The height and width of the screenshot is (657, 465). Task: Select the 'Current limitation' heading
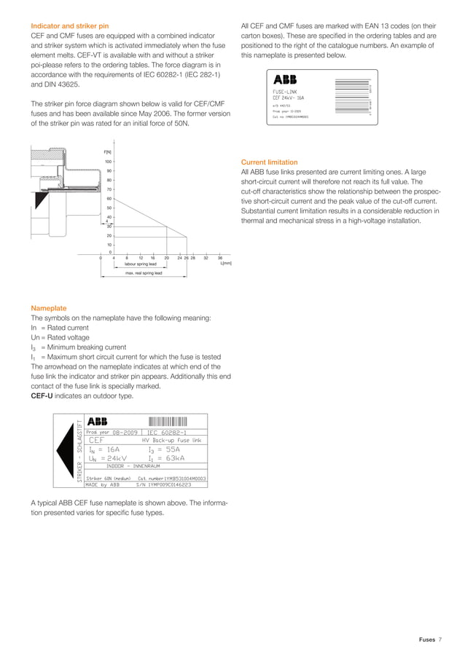(269, 162)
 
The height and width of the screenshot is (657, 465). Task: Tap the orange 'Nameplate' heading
(48, 307)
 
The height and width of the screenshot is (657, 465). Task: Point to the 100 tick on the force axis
(108, 162)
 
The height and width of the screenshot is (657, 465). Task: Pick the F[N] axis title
(108, 151)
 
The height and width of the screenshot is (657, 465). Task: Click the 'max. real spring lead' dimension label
(143, 273)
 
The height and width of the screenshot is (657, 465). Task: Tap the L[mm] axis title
(225, 264)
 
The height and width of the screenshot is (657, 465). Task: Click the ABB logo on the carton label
(287, 79)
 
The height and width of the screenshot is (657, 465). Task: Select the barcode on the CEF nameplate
(168, 421)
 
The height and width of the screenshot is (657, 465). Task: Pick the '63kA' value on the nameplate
(174, 458)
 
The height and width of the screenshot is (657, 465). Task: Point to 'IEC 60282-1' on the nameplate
(168, 431)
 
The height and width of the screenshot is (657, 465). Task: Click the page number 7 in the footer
(440, 639)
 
